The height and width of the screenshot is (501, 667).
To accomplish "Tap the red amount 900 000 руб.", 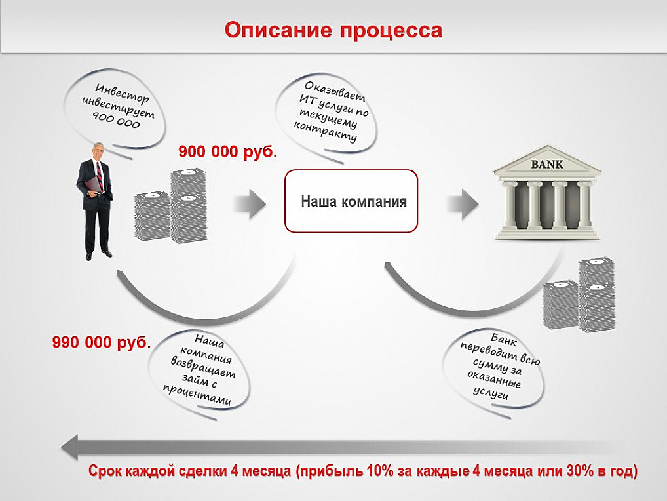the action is point(228,151).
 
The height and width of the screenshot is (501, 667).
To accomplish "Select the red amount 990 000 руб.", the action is point(102,342).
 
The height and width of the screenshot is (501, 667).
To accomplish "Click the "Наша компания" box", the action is point(351,201).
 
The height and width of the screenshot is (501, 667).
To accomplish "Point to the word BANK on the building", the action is point(547,164).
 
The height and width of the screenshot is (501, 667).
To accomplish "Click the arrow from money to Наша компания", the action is point(250,204).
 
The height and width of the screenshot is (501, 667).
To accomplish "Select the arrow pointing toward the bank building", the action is point(463,204).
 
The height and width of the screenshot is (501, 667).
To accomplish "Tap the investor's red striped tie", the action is point(99,174).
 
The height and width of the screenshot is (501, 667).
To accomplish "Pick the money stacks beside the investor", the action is point(170,206).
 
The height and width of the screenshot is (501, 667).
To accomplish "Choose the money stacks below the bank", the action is point(579,293).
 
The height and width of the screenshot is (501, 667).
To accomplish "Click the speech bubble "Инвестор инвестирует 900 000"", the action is point(115,110).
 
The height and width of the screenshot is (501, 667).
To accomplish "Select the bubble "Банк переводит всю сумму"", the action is point(494,371).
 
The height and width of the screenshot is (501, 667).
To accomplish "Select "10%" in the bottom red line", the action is point(380,471).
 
